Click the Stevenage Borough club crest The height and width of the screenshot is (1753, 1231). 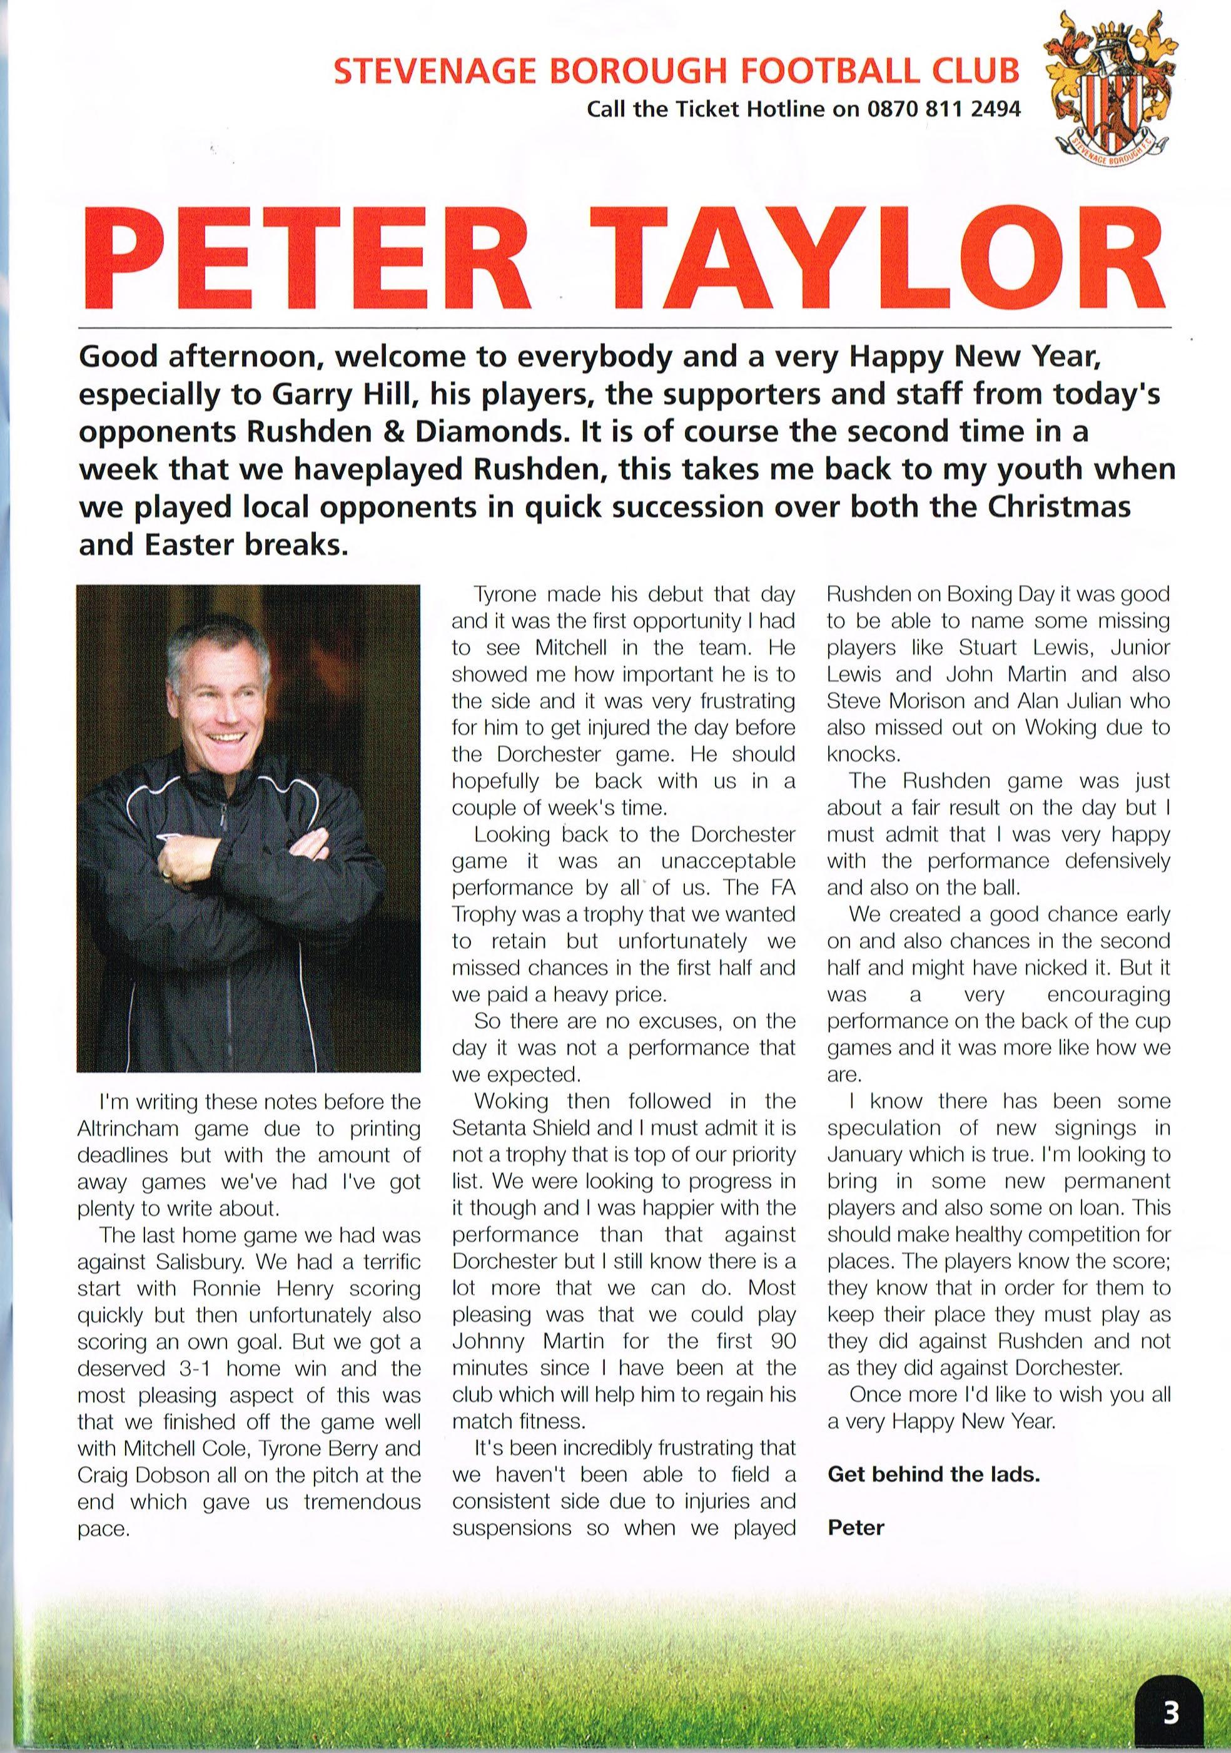[x=1107, y=86]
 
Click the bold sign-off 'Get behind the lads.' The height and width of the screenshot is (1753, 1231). [x=933, y=1473]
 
